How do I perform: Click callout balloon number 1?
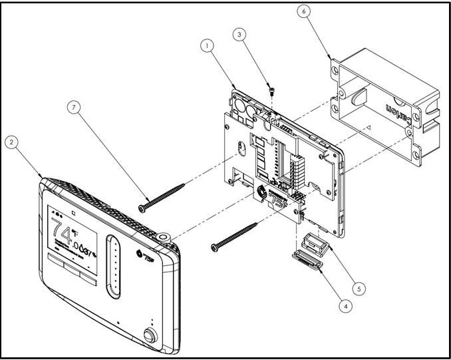click(x=208, y=45)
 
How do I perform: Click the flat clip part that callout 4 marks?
click(x=307, y=261)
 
